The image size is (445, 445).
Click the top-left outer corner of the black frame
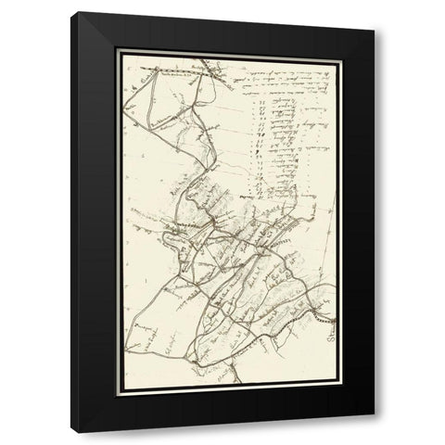click(77, 12)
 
